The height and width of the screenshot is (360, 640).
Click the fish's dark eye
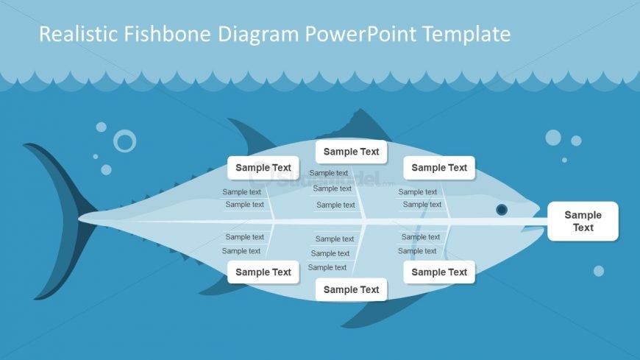click(502, 210)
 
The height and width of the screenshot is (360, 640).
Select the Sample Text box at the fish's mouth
click(583, 221)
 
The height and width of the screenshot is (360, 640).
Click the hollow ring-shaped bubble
click(125, 141)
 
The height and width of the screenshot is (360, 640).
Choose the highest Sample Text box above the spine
click(352, 152)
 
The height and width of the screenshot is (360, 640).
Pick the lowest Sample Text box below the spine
click(352, 289)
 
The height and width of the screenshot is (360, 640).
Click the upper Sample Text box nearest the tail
click(263, 168)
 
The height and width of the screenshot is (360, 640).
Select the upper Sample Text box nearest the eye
click(439, 168)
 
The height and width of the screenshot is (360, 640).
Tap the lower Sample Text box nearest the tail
click(263, 272)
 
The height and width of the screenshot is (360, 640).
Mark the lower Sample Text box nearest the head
click(439, 272)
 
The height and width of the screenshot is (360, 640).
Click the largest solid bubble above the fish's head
click(553, 138)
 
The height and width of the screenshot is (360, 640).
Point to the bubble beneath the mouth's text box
click(599, 271)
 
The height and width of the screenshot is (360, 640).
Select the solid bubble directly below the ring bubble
click(106, 169)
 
